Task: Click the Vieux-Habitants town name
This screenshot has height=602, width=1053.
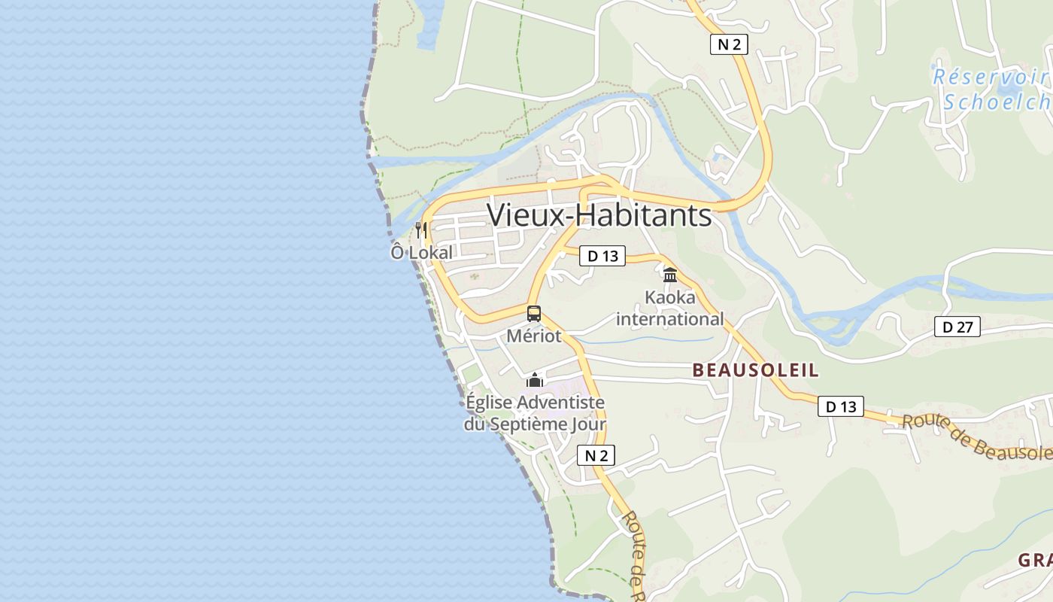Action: click(599, 215)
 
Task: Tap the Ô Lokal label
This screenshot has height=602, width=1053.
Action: click(421, 253)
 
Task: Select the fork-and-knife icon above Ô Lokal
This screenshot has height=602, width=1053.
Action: click(421, 230)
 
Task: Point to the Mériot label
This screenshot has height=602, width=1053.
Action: click(534, 336)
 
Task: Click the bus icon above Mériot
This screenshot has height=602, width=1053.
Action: click(534, 314)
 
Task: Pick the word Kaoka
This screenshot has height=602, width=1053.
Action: click(670, 298)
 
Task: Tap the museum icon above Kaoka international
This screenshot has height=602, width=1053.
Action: click(670, 275)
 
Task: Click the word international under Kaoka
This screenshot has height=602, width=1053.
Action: click(670, 319)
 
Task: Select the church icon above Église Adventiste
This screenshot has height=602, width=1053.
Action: click(535, 379)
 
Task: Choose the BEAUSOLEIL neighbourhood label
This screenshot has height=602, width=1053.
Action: click(755, 370)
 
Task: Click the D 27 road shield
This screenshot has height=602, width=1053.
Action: click(957, 327)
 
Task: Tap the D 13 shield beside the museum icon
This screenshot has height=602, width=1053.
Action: click(602, 256)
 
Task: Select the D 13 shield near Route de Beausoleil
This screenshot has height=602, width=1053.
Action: click(841, 406)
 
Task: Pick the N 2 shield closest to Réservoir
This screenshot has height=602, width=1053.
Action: click(729, 44)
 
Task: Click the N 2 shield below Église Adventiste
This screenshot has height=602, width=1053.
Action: click(596, 455)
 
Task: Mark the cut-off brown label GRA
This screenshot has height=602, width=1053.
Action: click(1036, 561)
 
